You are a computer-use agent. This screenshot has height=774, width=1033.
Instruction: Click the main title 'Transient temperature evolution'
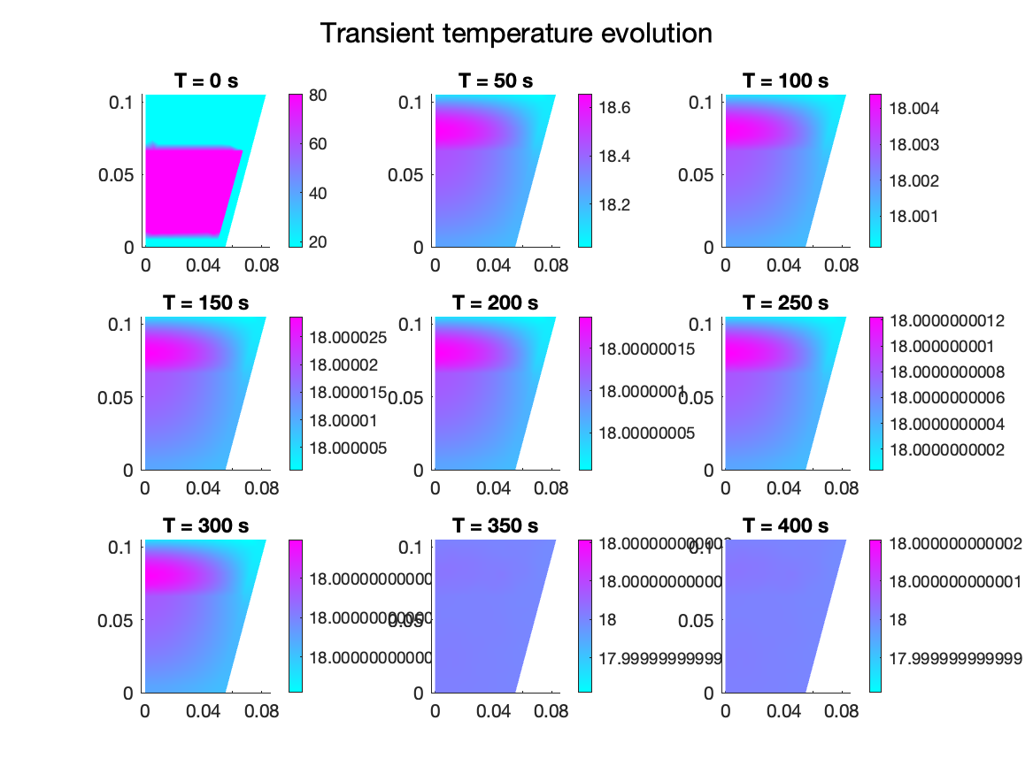tap(516, 34)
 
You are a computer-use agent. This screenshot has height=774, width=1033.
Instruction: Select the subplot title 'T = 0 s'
tap(205, 80)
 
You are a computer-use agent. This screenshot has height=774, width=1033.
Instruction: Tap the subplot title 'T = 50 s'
tap(496, 80)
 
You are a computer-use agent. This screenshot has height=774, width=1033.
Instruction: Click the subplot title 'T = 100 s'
tap(786, 80)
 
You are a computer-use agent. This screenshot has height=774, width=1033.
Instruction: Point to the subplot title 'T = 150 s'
tap(205, 303)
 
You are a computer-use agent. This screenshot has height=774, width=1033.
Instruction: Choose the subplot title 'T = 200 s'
tap(496, 303)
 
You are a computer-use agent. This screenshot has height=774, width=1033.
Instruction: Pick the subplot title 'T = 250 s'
tap(786, 303)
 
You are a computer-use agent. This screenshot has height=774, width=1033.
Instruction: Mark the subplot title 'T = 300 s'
tap(205, 526)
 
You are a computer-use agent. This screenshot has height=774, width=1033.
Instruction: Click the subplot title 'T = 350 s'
tap(496, 526)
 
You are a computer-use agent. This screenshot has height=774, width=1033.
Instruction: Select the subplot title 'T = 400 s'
tap(786, 526)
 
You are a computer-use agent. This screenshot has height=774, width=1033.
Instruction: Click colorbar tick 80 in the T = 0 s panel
tap(319, 98)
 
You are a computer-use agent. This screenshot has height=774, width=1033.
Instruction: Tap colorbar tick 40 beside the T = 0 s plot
tap(319, 195)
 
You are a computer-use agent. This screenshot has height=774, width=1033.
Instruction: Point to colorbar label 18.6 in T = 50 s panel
tap(613, 108)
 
